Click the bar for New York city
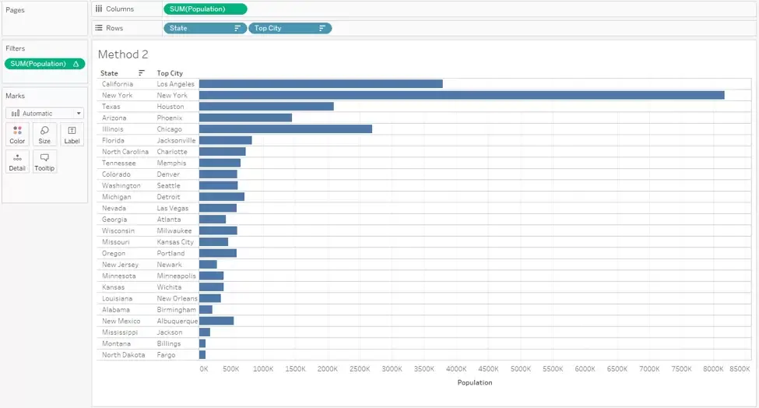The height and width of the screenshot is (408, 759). (462, 95)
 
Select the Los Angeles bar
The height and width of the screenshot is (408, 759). (321, 84)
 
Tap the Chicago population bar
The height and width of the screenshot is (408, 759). (286, 129)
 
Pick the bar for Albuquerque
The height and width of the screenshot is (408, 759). (216, 321)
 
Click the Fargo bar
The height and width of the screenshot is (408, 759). (202, 355)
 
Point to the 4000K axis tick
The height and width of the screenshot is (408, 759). (456, 369)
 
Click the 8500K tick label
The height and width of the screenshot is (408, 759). (740, 369)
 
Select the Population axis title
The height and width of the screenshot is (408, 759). (475, 382)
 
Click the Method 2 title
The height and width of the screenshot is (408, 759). (123, 55)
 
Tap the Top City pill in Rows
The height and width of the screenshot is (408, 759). (290, 28)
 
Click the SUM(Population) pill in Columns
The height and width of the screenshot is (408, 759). (206, 9)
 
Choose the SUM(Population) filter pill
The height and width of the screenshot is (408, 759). (44, 64)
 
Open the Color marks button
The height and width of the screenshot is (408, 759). (17, 135)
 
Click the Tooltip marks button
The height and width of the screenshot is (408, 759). (44, 162)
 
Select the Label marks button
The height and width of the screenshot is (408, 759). (72, 135)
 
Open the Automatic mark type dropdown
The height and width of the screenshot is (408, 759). (44, 113)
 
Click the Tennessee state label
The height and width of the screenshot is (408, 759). (118, 163)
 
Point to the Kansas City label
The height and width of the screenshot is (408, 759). (175, 242)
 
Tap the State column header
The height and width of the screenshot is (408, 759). (109, 73)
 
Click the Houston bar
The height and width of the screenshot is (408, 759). (267, 107)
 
